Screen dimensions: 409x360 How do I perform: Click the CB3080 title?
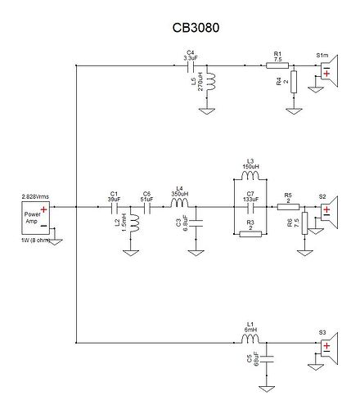(196, 27)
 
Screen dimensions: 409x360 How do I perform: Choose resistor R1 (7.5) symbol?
(275, 65)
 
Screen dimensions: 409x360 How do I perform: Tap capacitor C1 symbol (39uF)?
(114, 208)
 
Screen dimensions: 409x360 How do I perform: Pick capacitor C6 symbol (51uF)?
(147, 208)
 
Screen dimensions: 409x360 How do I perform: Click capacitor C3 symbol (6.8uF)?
(192, 222)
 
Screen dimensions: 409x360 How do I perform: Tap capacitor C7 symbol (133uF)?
(250, 208)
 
